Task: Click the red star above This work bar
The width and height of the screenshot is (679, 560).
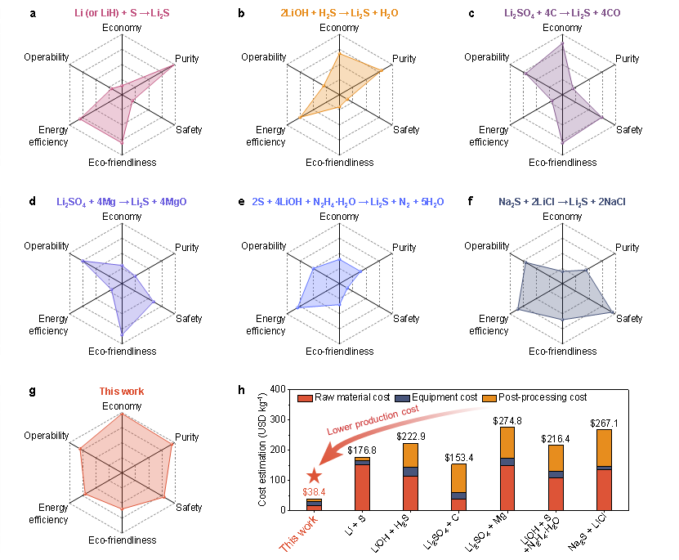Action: (315, 476)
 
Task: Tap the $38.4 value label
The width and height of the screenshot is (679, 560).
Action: (314, 492)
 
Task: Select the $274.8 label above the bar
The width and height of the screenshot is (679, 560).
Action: (507, 420)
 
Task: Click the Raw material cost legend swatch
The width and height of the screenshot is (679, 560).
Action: (305, 398)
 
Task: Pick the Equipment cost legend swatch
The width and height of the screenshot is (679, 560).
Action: (403, 398)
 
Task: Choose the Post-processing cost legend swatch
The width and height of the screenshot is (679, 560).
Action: (489, 398)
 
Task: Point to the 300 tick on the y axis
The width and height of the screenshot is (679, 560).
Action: (278, 419)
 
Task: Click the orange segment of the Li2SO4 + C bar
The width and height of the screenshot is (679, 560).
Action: (459, 478)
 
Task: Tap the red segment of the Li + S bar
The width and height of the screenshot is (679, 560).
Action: (362, 487)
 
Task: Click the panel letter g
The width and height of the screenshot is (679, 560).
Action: (33, 391)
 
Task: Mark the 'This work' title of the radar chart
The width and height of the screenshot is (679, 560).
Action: (122, 392)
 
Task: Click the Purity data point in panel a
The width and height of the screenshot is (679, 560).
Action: (174, 65)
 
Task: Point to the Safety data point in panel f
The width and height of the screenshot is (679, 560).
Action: (612, 312)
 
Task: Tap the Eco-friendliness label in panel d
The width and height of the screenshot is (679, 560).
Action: (122, 352)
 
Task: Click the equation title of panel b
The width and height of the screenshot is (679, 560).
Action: (339, 13)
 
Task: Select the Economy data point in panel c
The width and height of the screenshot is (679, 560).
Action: (562, 44)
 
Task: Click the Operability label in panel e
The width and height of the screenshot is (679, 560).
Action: (264, 246)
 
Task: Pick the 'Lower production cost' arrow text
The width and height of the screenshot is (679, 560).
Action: (373, 419)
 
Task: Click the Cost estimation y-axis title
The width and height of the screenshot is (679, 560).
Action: (262, 450)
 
